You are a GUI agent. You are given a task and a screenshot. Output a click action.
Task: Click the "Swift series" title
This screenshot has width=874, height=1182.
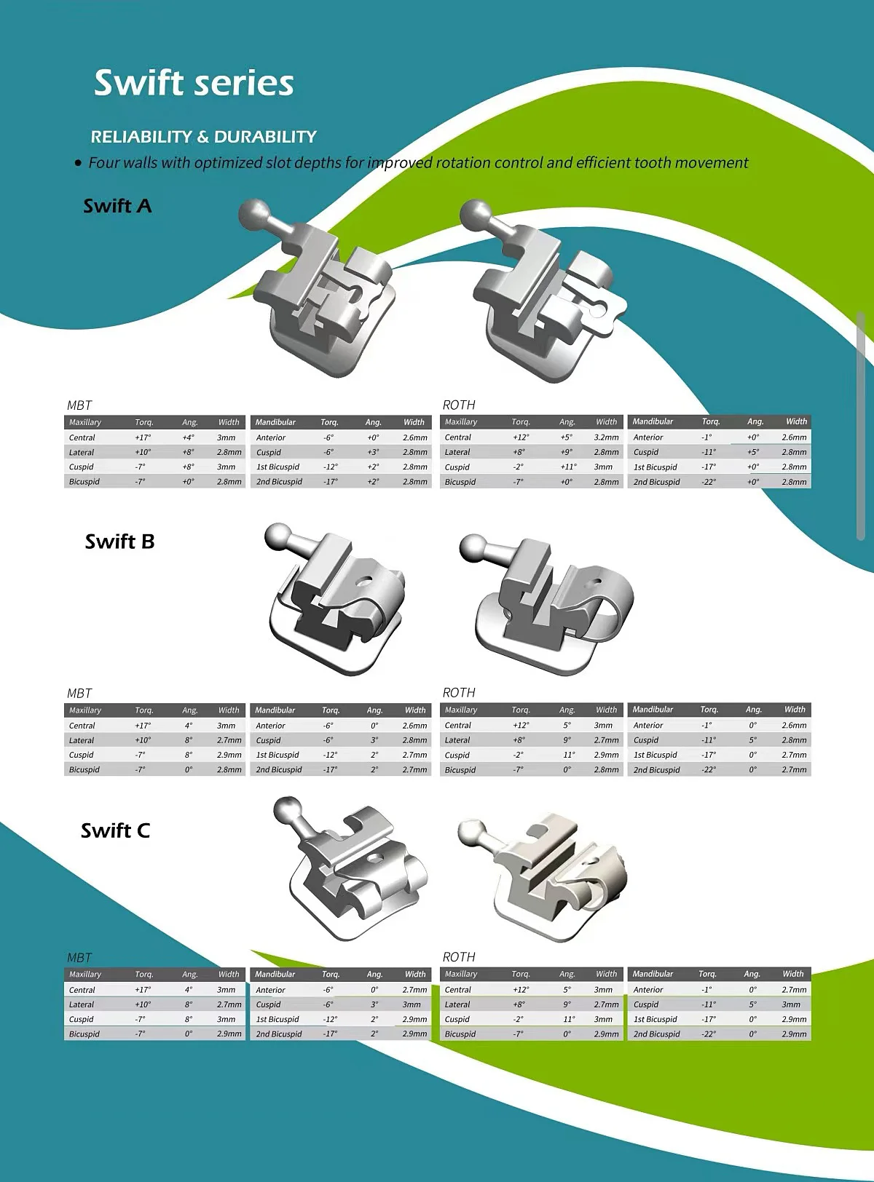pos(194,83)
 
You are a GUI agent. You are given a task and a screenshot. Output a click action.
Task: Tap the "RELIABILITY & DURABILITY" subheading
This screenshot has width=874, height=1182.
pos(203,137)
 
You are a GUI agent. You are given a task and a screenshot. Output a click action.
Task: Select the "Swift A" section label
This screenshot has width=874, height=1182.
pos(117,206)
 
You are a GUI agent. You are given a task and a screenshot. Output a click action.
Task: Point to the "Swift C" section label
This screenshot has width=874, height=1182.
pos(115,830)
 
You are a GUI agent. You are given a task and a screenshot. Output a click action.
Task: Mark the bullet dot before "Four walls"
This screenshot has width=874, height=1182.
pos(78,164)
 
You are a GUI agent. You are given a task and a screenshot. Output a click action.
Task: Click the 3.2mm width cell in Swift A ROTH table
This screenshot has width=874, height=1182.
pos(606,437)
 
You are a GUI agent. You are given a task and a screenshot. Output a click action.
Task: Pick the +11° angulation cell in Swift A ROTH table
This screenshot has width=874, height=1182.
pos(568,467)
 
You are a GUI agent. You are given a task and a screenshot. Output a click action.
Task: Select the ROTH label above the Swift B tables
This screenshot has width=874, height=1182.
pos(459,693)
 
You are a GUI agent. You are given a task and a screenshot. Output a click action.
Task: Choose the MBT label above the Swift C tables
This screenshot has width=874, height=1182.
pos(79,958)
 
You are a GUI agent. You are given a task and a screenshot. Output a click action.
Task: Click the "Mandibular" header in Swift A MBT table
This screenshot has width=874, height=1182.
pos(275,422)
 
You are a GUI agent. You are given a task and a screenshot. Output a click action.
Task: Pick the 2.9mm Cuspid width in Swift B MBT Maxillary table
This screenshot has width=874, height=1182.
pos(229,755)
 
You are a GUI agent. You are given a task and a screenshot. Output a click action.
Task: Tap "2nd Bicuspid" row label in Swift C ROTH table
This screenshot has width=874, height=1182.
pos(656,1034)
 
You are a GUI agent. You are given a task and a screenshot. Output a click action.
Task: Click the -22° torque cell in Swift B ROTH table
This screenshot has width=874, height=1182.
pos(709,770)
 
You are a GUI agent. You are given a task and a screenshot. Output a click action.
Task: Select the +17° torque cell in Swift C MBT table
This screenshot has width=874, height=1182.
pos(143,990)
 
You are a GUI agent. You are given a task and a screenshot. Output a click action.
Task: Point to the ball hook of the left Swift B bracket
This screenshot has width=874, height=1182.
pos(278,538)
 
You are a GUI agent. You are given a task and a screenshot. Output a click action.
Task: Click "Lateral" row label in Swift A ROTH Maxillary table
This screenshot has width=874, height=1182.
pos(457,453)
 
